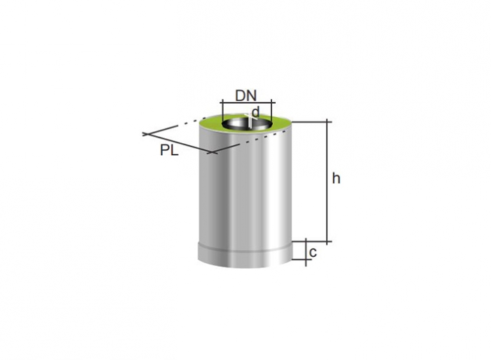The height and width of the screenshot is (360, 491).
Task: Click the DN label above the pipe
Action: (245, 96)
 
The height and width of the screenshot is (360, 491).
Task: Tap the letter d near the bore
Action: (256, 112)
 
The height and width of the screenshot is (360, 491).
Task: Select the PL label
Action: (169, 150)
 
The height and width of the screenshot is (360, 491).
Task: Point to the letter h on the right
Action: (336, 178)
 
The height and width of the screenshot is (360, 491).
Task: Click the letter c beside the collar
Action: (313, 252)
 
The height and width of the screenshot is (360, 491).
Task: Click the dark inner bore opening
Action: (247, 124)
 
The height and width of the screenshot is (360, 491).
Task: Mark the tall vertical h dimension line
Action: (328, 181)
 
